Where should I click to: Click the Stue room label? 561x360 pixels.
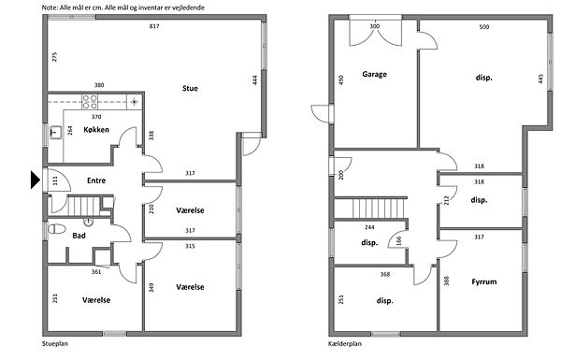[190, 89]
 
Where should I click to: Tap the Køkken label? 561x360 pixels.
[96, 130]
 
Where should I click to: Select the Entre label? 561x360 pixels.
[96, 180]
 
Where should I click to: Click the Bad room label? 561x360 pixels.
[79, 236]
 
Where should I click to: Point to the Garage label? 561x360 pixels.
[375, 74]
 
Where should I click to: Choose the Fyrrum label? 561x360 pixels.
[484, 281]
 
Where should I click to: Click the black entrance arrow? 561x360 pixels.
[36, 180]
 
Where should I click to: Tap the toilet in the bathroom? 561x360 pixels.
[56, 229]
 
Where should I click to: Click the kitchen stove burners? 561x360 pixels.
[90, 102]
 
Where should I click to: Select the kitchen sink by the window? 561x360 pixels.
[55, 132]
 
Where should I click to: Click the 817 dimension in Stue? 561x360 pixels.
[154, 26]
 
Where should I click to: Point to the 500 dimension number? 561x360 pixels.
[484, 27]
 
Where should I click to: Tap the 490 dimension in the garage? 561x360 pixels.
[341, 79]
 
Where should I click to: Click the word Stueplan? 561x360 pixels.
[55, 344]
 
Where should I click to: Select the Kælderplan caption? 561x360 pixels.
[345, 344]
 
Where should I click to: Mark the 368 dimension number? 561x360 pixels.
[385, 275]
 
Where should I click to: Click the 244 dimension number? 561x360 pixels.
[369, 227]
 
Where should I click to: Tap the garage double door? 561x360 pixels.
[375, 31]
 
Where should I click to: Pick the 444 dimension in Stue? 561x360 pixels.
[254, 79]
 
